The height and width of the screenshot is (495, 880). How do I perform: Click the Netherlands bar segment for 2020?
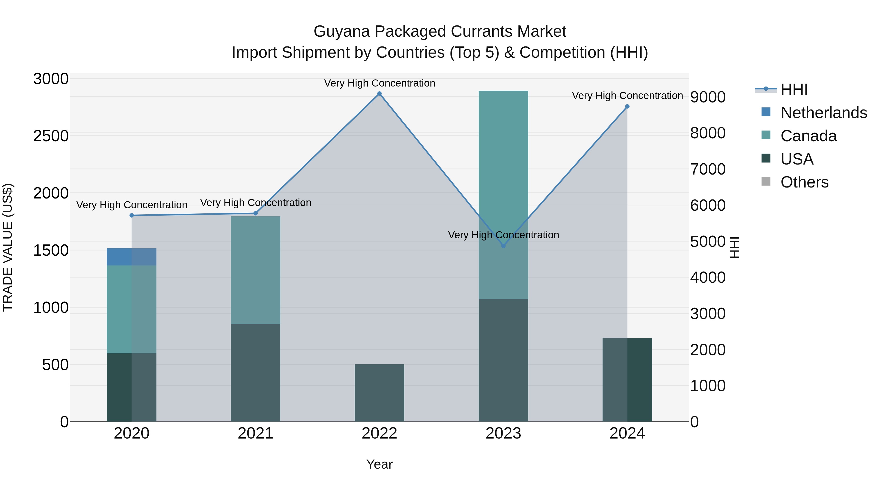[x=132, y=257]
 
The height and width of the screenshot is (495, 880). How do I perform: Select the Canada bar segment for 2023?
[x=503, y=195]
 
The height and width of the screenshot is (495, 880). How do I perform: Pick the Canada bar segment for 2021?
[x=255, y=270]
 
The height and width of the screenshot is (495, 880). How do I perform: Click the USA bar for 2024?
[x=627, y=380]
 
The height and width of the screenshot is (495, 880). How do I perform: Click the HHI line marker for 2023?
[x=503, y=246]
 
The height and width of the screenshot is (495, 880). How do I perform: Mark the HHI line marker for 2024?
[x=627, y=107]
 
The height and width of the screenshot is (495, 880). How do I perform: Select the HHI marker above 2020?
[x=132, y=215]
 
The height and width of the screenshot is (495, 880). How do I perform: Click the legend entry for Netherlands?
[x=824, y=113]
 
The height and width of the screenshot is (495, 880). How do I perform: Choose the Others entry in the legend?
[x=804, y=182]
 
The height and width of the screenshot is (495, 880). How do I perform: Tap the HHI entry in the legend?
[x=794, y=89]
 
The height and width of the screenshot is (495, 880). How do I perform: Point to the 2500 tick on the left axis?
[x=51, y=136]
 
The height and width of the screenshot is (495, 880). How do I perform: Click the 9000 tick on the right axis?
[x=708, y=97]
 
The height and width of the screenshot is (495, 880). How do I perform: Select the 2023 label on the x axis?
[x=503, y=433]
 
